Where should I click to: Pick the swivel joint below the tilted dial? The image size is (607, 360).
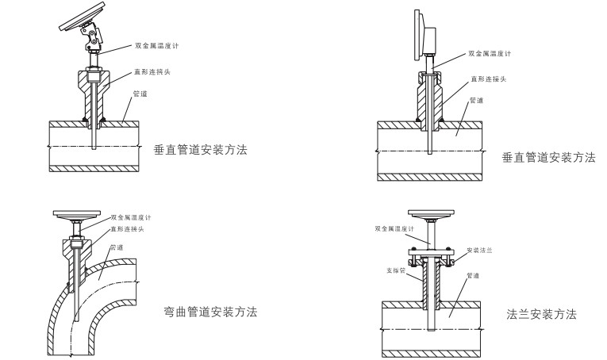(93, 36)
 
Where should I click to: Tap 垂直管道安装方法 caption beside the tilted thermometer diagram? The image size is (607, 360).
(204, 148)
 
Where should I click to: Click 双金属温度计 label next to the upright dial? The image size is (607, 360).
(489, 54)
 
